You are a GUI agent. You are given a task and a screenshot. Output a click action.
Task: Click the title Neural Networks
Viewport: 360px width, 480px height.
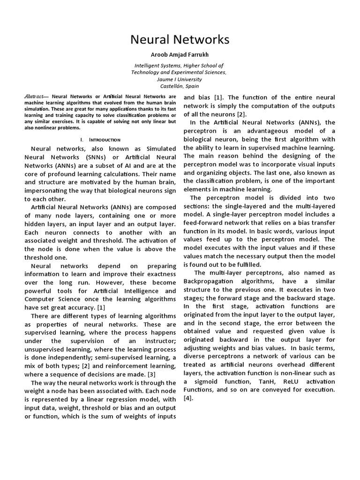180,40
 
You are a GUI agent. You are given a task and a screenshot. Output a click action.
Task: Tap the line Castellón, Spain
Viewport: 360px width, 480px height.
180,86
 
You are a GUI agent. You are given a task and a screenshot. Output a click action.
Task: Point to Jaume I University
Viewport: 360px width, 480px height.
180,80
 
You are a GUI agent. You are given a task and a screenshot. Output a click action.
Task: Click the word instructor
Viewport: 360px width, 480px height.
157,340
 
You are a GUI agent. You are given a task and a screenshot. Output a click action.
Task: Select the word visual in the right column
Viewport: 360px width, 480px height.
301,164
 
